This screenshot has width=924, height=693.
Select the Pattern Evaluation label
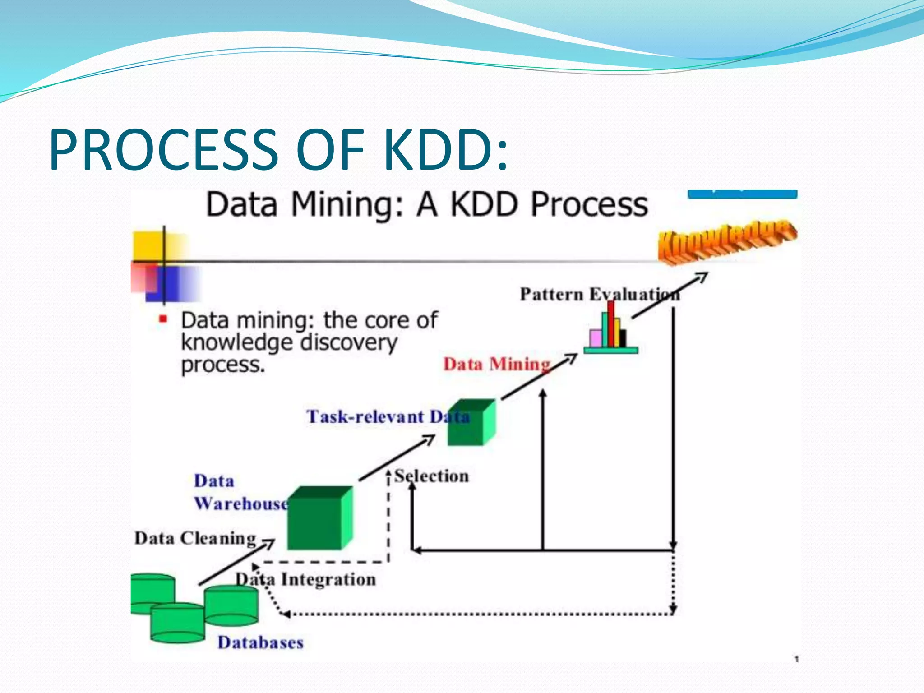tap(599, 295)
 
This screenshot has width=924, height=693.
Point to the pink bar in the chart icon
tap(596, 338)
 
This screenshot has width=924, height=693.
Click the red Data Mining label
tap(497, 364)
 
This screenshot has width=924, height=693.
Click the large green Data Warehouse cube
tap(319, 519)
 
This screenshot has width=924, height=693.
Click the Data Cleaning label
tap(195, 538)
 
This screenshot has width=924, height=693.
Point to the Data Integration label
tap(306, 579)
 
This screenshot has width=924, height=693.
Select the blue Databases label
tap(260, 642)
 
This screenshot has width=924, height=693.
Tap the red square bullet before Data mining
tap(163, 320)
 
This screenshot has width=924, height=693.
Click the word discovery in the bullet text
tap(348, 343)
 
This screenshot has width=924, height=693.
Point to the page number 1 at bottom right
tap(797, 659)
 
